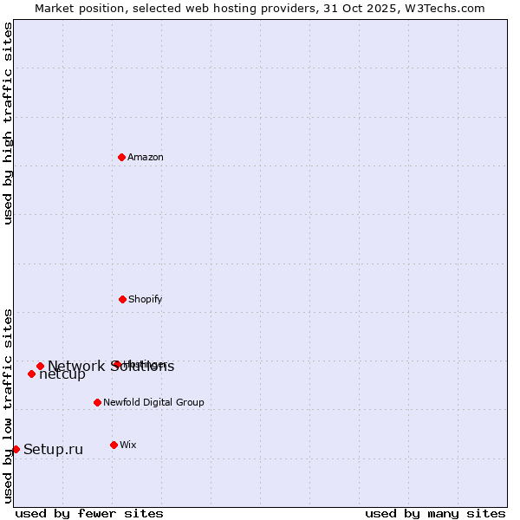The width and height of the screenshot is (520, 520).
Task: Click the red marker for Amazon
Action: (122, 157)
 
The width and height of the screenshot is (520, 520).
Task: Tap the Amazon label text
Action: (146, 157)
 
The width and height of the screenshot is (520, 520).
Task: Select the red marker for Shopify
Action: (122, 299)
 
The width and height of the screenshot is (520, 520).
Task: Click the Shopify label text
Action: (146, 299)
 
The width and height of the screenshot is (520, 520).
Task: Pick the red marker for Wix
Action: (114, 445)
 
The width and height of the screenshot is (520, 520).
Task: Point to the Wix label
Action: (128, 445)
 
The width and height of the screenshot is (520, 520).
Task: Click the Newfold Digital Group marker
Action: (97, 402)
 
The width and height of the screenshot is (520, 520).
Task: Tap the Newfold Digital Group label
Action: (153, 402)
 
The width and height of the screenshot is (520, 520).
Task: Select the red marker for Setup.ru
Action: (16, 449)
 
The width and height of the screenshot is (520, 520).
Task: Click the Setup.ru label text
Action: (53, 449)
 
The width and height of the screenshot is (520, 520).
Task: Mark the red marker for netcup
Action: (31, 374)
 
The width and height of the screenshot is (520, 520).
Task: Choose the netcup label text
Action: (62, 375)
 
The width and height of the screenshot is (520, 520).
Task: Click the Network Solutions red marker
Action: (40, 366)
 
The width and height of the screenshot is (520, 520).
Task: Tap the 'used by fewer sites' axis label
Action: (89, 513)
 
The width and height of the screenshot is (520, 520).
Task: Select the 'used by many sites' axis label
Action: (435, 513)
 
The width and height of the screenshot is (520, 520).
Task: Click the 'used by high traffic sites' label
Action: (8, 123)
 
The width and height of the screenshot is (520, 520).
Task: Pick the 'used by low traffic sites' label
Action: (8, 406)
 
